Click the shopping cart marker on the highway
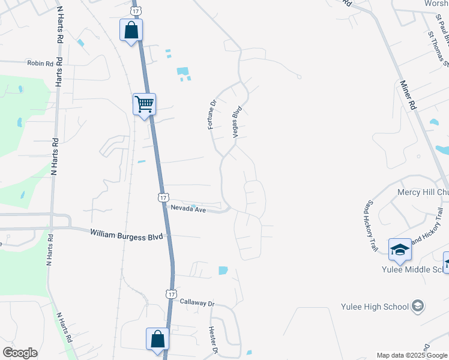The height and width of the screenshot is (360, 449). pyautogui.click(x=144, y=104)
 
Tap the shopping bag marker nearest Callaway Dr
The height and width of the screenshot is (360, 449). pyautogui.click(x=157, y=339)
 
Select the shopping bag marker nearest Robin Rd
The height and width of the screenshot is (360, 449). pyautogui.click(x=131, y=31)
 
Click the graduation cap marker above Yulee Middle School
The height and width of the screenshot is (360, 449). pyautogui.click(x=400, y=250)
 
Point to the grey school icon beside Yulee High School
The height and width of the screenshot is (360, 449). pyautogui.click(x=417, y=307)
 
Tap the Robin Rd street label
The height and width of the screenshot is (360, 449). pyautogui.click(x=41, y=62)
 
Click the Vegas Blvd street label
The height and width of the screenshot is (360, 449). pyautogui.click(x=237, y=122)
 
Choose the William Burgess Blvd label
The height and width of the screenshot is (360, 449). pyautogui.click(x=127, y=235)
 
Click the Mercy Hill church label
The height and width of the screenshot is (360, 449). pyautogui.click(x=423, y=193)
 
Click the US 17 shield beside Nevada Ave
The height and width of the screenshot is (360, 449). pyautogui.click(x=163, y=197)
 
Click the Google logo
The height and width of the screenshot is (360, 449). pyautogui.click(x=20, y=352)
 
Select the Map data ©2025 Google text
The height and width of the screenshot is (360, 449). pyautogui.click(x=411, y=355)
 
